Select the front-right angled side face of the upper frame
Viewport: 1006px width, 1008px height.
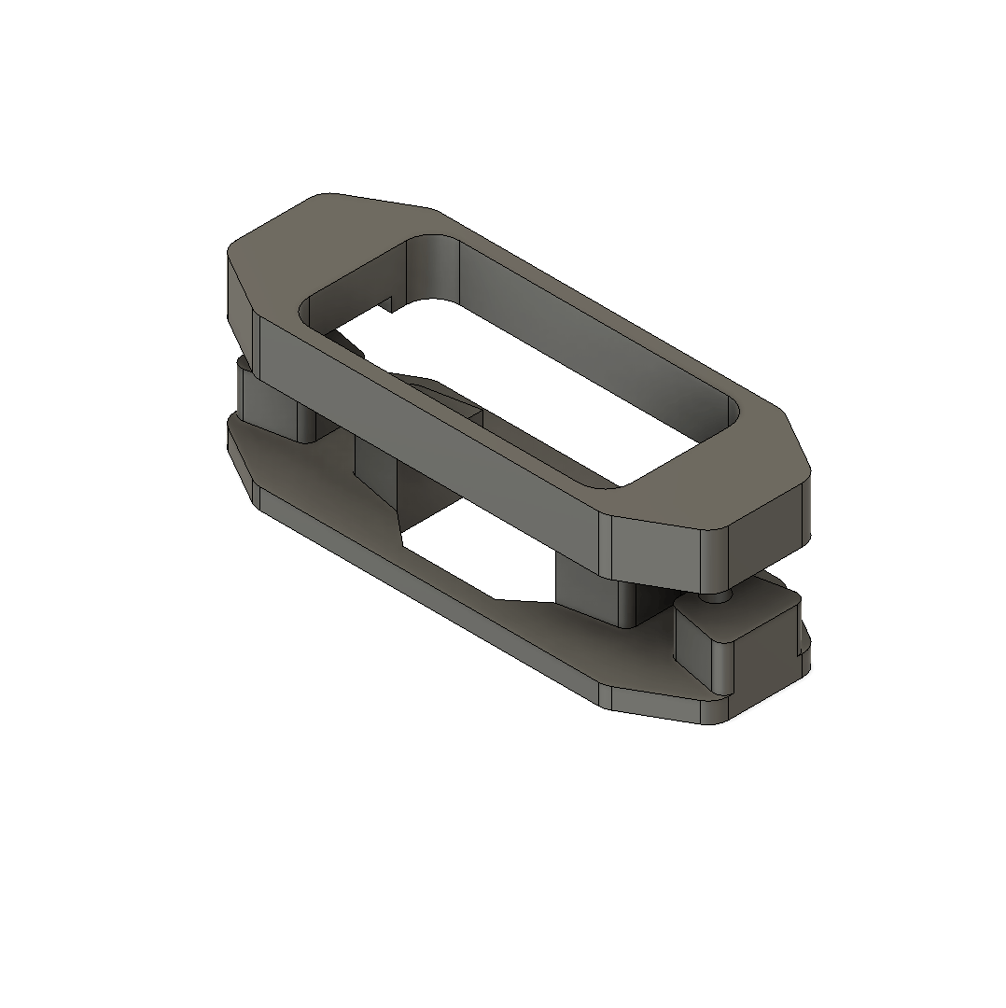click(653, 551)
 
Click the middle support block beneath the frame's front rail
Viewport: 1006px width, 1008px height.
click(378, 471)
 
